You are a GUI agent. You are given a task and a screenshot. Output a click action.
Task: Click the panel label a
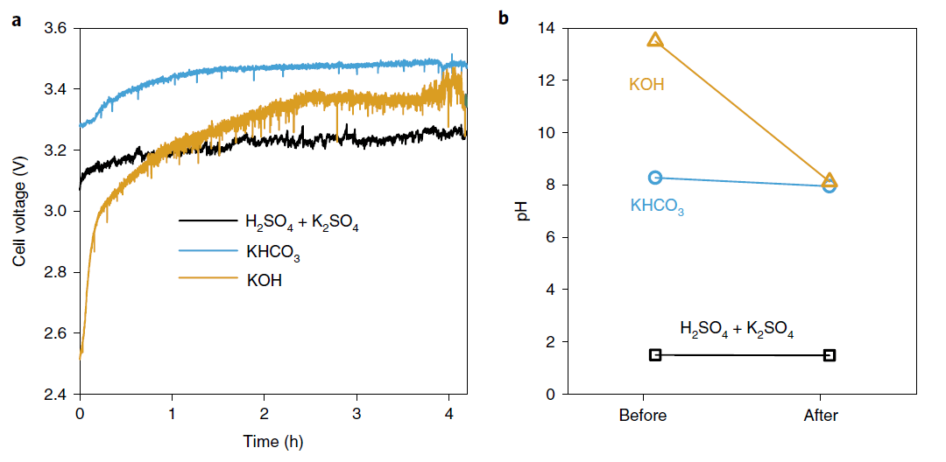click(x=16, y=20)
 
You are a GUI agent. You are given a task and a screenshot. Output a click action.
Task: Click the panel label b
click(x=504, y=17)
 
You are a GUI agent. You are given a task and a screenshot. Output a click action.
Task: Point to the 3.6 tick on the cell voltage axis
click(x=56, y=28)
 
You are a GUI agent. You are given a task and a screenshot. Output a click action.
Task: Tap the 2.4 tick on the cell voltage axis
click(x=56, y=395)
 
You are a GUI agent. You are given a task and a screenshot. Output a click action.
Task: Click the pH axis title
click(x=523, y=211)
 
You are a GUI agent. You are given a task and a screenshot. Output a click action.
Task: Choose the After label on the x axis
click(x=821, y=416)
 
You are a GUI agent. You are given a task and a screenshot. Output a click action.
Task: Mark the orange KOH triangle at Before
click(x=655, y=39)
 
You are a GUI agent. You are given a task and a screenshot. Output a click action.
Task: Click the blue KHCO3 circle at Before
click(x=655, y=178)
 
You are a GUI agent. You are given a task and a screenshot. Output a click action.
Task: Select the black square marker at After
click(x=830, y=355)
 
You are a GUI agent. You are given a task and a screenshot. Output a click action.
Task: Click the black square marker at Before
click(x=655, y=354)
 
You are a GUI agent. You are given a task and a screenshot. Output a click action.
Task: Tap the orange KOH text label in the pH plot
click(x=646, y=85)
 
